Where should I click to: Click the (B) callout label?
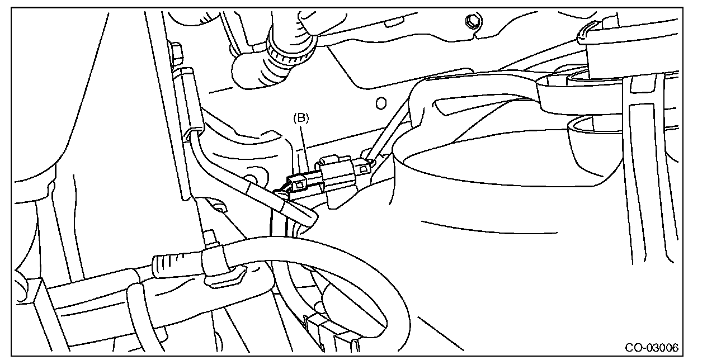coord(301,119)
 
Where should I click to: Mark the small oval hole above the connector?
coord(380,103)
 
